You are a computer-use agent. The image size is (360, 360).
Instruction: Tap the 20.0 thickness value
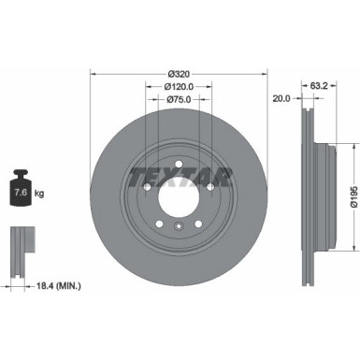point(281,98)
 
